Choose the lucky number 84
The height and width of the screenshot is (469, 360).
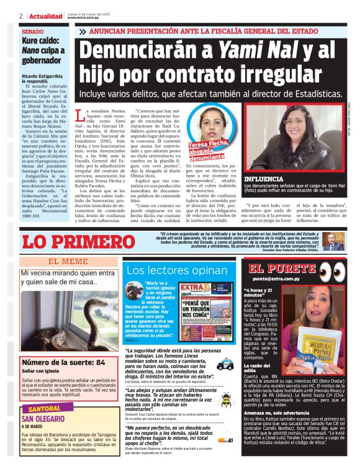pos(99,361)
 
